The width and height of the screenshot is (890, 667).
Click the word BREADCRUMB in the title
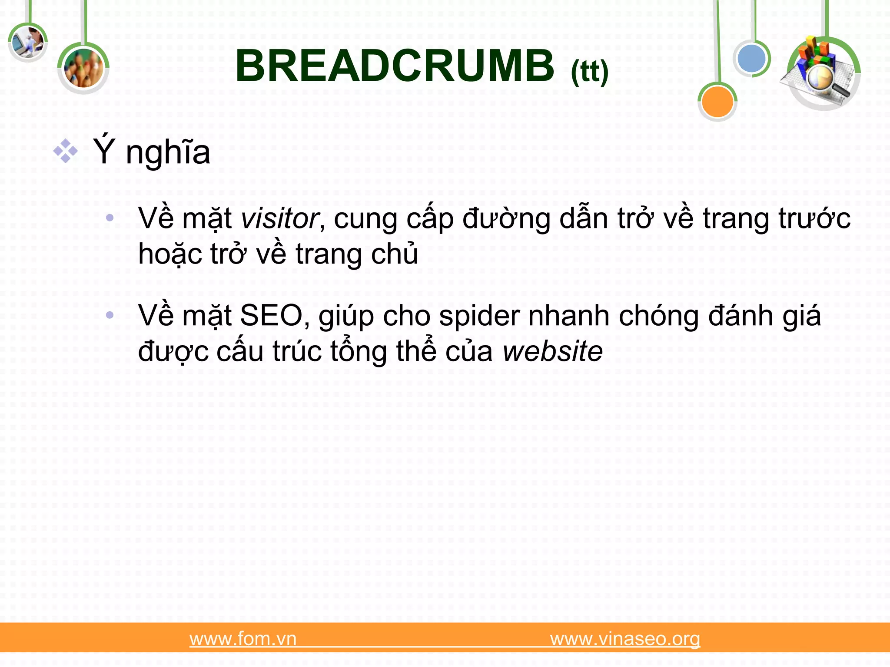click(395, 66)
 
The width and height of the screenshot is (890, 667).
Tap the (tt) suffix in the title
click(589, 72)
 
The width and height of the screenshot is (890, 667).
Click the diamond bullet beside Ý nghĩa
click(66, 151)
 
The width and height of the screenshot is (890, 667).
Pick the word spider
click(479, 316)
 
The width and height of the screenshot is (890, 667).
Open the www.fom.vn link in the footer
click(243, 639)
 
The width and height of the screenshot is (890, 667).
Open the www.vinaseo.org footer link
click(625, 639)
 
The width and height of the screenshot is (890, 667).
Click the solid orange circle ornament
click(717, 102)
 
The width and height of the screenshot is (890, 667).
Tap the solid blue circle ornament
click(752, 59)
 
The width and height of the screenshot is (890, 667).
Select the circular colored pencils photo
click(83, 69)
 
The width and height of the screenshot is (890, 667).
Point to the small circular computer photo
click(27, 42)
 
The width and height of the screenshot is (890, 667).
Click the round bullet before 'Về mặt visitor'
click(110, 218)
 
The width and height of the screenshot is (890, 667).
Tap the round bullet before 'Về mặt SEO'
click(110, 315)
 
